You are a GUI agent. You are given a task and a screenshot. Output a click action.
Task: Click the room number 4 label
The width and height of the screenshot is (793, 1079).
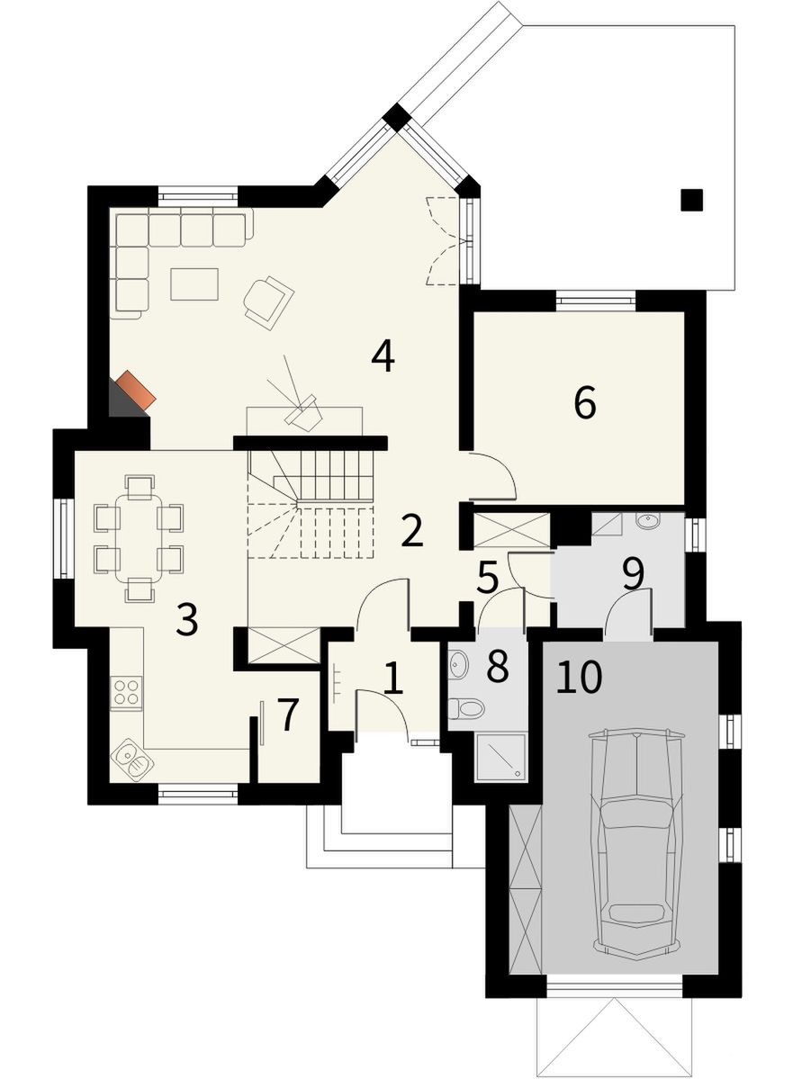tap(383, 356)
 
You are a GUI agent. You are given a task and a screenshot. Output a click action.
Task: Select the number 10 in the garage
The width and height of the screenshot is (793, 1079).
tap(580, 677)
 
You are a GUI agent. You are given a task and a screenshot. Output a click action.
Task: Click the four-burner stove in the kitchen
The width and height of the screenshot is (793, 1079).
tap(127, 692)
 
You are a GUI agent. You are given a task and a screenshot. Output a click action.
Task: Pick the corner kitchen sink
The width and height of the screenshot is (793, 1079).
tap(131, 759)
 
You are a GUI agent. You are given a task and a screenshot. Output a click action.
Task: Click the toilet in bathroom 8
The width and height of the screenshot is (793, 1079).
tap(466, 707)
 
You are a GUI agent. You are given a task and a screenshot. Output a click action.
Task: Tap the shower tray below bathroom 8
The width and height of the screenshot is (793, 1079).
tap(500, 757)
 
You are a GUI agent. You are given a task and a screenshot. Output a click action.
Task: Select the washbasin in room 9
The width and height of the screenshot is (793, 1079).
tap(647, 521)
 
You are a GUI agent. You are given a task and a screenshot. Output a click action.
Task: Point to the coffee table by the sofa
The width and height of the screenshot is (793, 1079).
tap(194, 284)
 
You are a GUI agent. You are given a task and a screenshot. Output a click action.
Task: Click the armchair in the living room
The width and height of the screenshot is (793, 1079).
tap(267, 301)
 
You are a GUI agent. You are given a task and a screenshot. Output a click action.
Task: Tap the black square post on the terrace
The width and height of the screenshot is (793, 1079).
tap(692, 200)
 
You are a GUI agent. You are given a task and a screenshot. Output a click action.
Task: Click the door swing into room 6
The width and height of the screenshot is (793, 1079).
tap(491, 475)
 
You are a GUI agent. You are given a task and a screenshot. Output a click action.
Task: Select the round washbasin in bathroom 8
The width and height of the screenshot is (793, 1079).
tap(458, 664)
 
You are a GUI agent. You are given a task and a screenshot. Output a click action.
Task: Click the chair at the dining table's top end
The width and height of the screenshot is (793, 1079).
tap(140, 486)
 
